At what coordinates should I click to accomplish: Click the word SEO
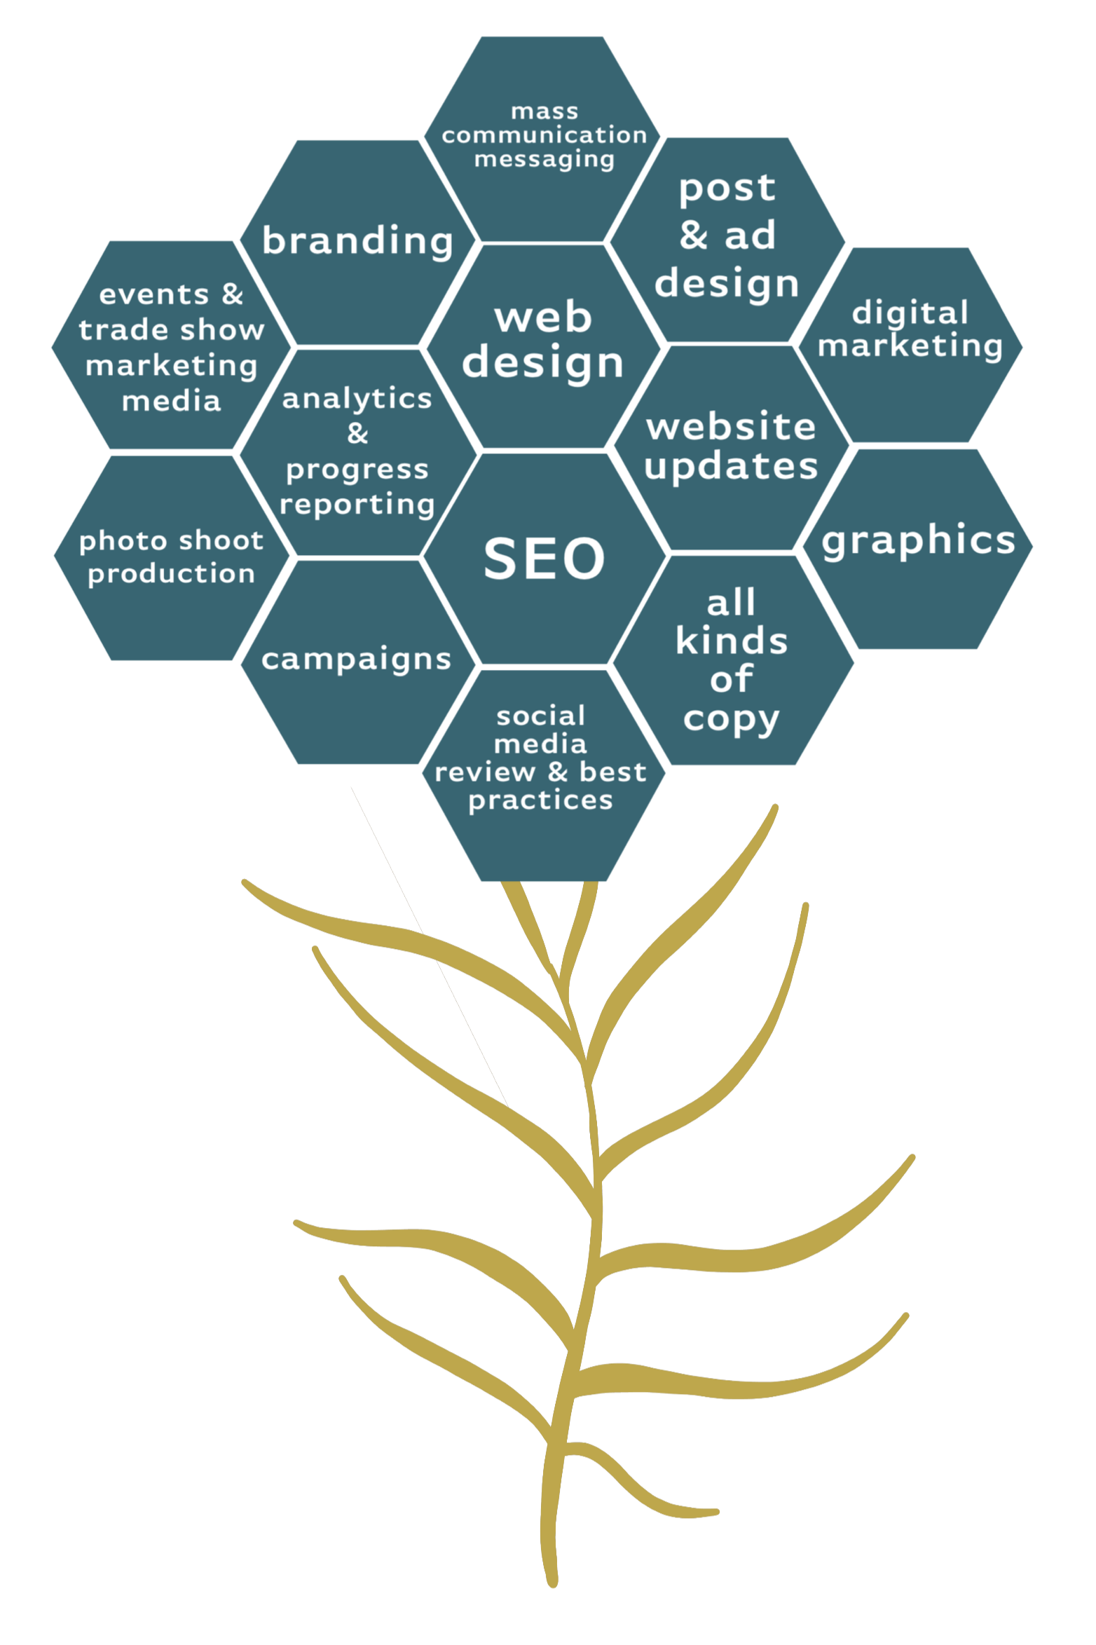coord(544,559)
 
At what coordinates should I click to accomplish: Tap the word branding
coord(357,241)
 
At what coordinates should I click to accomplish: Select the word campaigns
coord(356,660)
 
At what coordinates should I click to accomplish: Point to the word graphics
coord(918,541)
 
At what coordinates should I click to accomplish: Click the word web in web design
coord(543,318)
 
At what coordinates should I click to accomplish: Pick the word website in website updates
coord(731,427)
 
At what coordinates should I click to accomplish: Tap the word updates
coord(731,466)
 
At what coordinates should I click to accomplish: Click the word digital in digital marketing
coord(910,313)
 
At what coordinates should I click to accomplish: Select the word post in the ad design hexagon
coord(727,189)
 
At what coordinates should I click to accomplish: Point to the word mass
coord(544,111)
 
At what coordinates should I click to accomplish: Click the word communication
coord(544,135)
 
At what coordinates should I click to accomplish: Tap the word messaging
coord(544,160)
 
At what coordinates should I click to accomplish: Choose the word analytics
coord(357,399)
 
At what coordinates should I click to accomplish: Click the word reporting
coord(357,505)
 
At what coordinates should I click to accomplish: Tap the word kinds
coord(731,641)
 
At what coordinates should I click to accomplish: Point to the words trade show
coord(171,329)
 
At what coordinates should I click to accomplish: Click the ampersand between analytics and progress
coord(357,434)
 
